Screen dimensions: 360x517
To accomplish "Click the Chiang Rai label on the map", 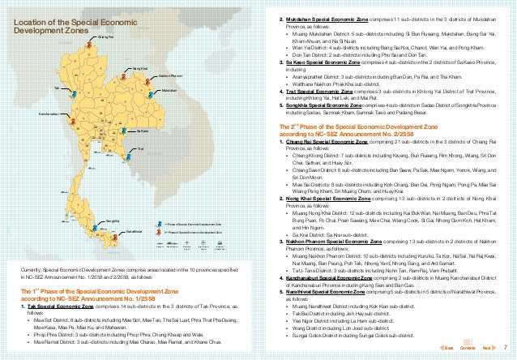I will pos(105,37).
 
